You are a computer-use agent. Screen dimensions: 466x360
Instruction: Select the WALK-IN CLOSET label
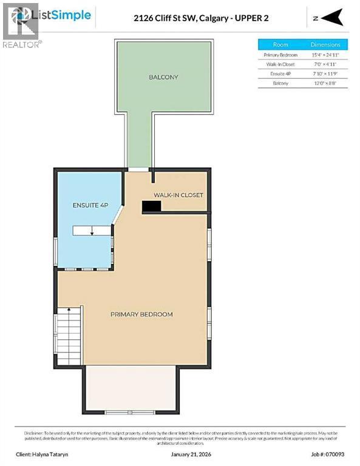click(x=178, y=195)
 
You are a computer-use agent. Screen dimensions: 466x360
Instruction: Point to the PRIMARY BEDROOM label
click(x=141, y=314)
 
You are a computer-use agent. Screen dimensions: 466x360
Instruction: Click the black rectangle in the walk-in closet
click(x=151, y=207)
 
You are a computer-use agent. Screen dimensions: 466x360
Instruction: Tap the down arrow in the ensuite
click(x=93, y=231)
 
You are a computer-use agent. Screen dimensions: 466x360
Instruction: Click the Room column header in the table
click(x=280, y=44)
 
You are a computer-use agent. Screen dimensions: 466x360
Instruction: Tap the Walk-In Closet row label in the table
click(x=280, y=64)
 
